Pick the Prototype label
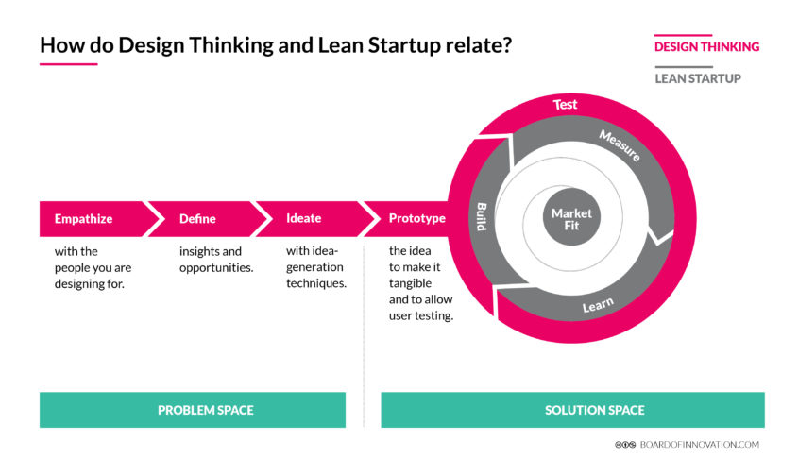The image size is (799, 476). click(x=416, y=218)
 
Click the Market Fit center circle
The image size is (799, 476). click(x=571, y=219)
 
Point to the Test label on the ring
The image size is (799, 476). click(x=565, y=104)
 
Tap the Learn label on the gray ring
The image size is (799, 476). click(x=598, y=305)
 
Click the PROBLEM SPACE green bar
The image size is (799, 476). click(x=205, y=410)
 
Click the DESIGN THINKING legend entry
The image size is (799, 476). click(x=706, y=46)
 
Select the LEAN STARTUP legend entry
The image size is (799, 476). click(x=698, y=78)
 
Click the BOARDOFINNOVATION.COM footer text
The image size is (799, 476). click(x=699, y=444)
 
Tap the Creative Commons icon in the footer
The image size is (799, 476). click(x=624, y=444)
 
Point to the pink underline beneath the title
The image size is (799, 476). click(x=68, y=64)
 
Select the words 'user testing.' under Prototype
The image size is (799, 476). click(x=421, y=315)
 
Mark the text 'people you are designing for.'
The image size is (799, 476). click(x=93, y=275)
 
